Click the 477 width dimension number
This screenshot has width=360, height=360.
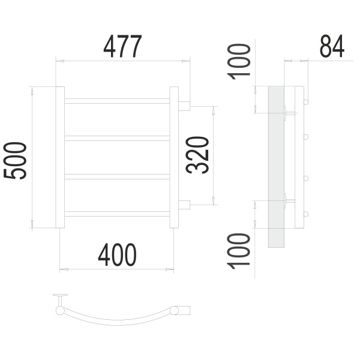click(123, 47)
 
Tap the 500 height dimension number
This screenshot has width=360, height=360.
click(16, 161)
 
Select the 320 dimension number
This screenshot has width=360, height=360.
click(199, 155)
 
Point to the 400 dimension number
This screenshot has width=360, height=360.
click(117, 255)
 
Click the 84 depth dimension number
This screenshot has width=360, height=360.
click(332, 47)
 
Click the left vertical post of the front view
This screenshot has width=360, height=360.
click(60, 157)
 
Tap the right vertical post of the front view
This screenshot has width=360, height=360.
click(174, 157)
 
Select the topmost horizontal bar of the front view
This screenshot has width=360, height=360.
click(117, 101)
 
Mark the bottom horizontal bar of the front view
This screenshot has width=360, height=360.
click(117, 213)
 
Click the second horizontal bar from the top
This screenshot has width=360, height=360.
click(117, 138)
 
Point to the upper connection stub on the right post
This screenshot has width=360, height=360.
click(184, 106)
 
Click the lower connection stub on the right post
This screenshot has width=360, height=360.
click(184, 204)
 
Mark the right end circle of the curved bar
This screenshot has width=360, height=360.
click(175, 310)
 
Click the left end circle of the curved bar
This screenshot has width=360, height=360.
click(60, 310)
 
